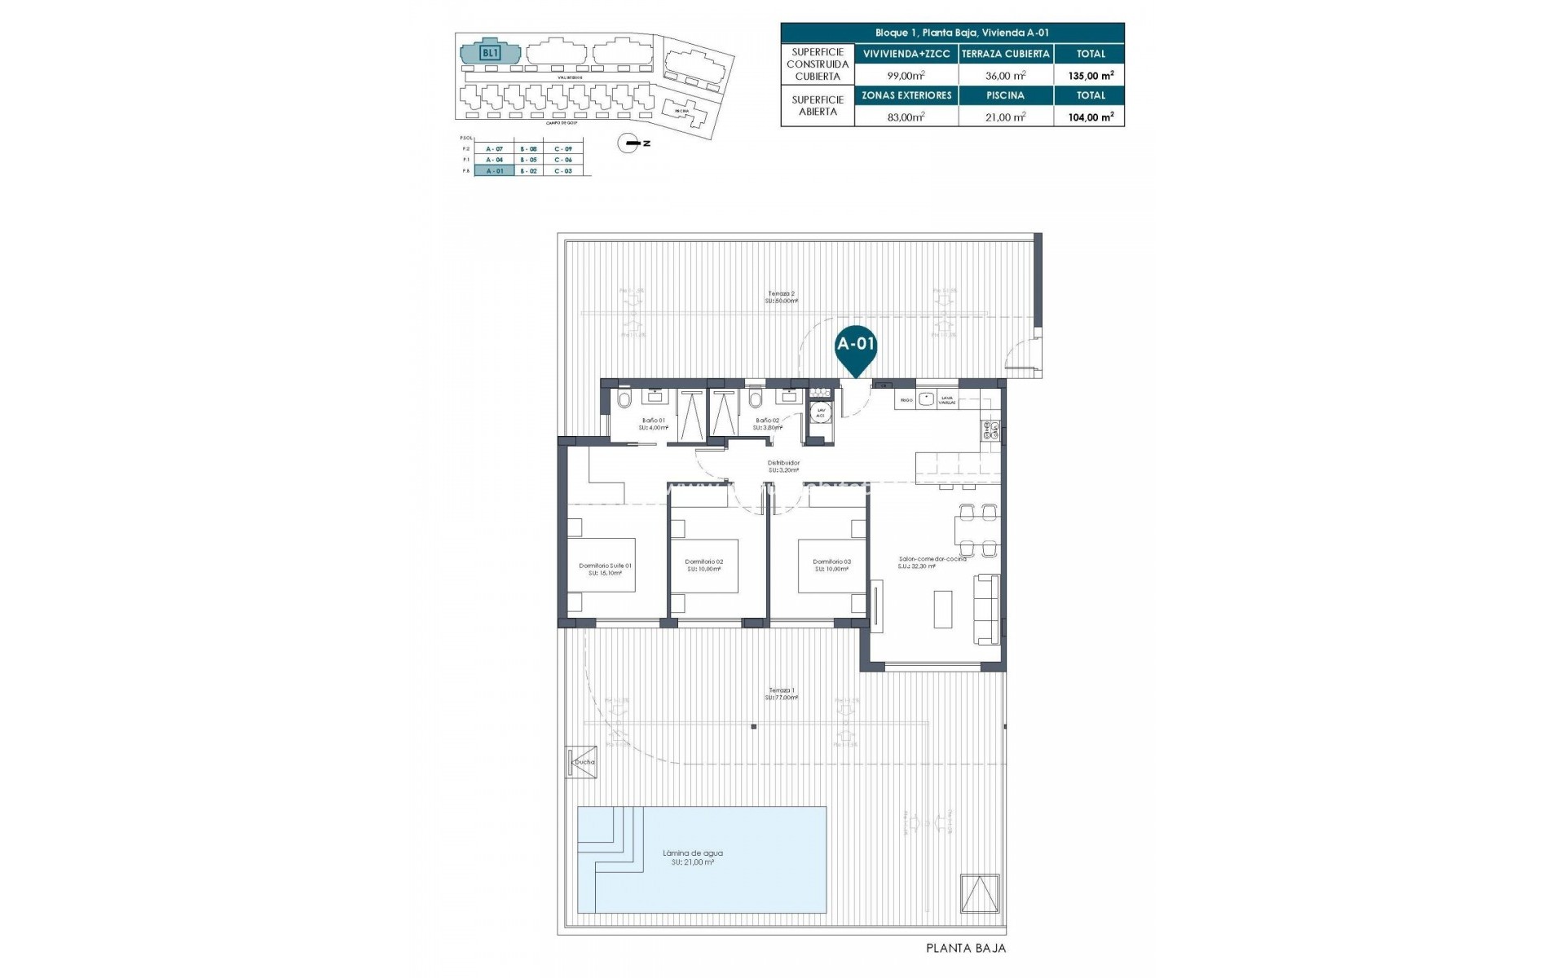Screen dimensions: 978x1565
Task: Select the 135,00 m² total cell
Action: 1090,76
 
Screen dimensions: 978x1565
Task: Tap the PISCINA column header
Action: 1005,95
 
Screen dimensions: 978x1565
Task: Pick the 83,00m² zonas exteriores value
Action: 906,117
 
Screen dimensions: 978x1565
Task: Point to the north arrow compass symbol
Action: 630,143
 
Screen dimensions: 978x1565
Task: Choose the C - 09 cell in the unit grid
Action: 562,149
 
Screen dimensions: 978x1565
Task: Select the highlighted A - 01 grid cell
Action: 494,171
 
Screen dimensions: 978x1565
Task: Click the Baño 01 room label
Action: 653,421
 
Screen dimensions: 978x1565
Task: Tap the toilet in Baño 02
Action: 756,399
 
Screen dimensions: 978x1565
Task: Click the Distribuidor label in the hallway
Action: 783,463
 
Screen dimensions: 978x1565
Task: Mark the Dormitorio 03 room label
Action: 831,562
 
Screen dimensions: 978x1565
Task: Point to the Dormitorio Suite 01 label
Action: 605,566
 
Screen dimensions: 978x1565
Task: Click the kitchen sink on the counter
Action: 925,399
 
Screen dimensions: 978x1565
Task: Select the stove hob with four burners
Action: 991,430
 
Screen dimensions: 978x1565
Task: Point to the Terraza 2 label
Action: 781,293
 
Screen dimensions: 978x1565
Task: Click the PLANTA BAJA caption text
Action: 966,948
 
